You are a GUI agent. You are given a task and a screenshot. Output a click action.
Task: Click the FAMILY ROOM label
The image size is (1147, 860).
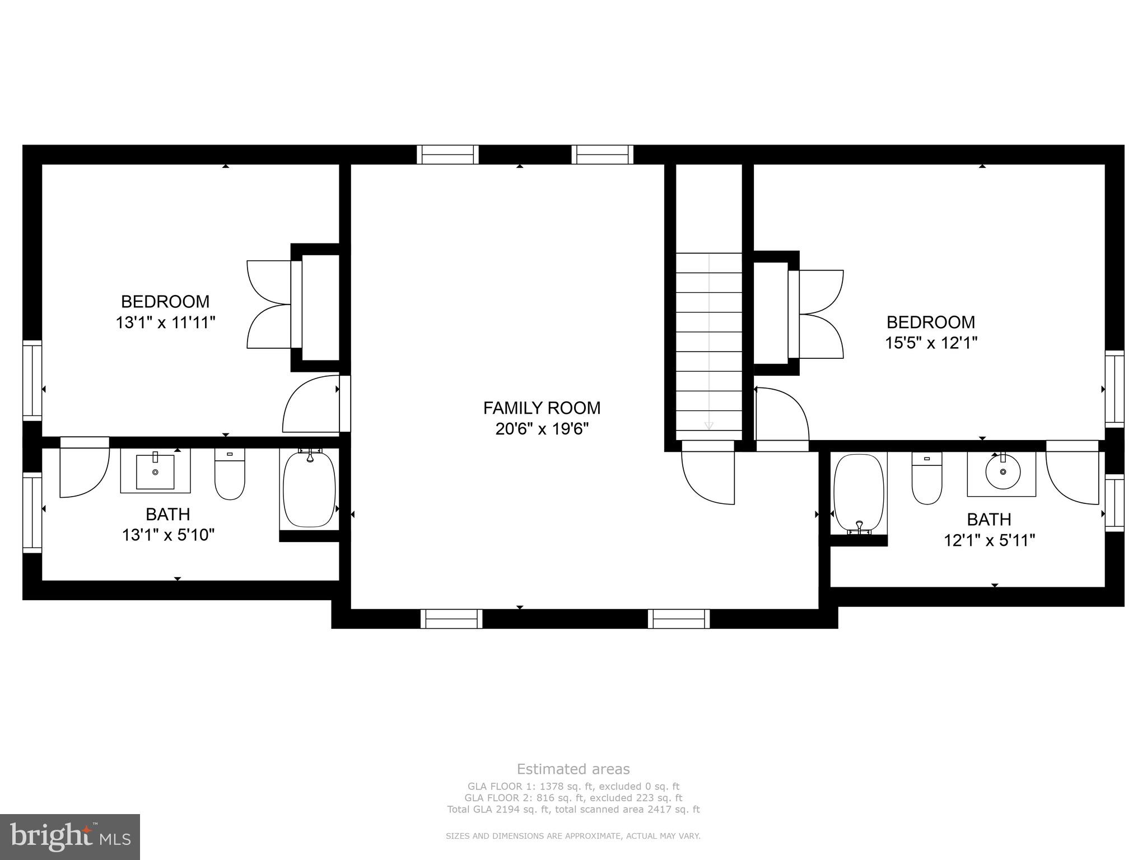click(x=542, y=408)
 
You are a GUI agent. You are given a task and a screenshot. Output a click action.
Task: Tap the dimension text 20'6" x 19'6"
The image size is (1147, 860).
click(x=542, y=429)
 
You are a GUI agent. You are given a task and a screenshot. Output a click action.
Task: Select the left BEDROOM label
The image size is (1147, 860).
click(x=165, y=302)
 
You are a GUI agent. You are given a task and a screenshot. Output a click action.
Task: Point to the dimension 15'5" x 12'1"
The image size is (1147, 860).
click(x=931, y=343)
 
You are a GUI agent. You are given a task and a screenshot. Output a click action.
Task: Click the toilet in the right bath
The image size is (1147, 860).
click(x=927, y=479)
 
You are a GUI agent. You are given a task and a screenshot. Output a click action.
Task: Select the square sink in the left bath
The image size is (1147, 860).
click(x=155, y=472)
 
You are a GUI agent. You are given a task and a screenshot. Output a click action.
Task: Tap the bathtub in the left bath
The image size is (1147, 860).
click(x=309, y=490)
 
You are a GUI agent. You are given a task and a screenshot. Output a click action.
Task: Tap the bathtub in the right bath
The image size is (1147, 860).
click(x=859, y=493)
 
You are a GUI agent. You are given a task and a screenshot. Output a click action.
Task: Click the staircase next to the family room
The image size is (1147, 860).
click(x=708, y=342)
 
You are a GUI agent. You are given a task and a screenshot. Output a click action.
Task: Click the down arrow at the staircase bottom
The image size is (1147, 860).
click(x=708, y=426)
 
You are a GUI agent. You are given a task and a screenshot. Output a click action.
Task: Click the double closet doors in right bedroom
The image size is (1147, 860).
click(x=820, y=314)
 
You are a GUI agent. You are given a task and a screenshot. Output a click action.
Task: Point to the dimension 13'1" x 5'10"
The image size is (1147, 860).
click(x=168, y=535)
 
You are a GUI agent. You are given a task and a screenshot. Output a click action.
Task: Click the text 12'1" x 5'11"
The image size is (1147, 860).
click(x=989, y=540)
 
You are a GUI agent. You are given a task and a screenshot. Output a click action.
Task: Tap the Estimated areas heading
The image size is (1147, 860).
click(x=573, y=769)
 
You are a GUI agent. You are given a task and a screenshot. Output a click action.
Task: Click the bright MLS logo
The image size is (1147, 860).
click(x=70, y=836)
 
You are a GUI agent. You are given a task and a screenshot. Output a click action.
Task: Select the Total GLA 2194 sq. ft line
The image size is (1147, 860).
click(x=573, y=809)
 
